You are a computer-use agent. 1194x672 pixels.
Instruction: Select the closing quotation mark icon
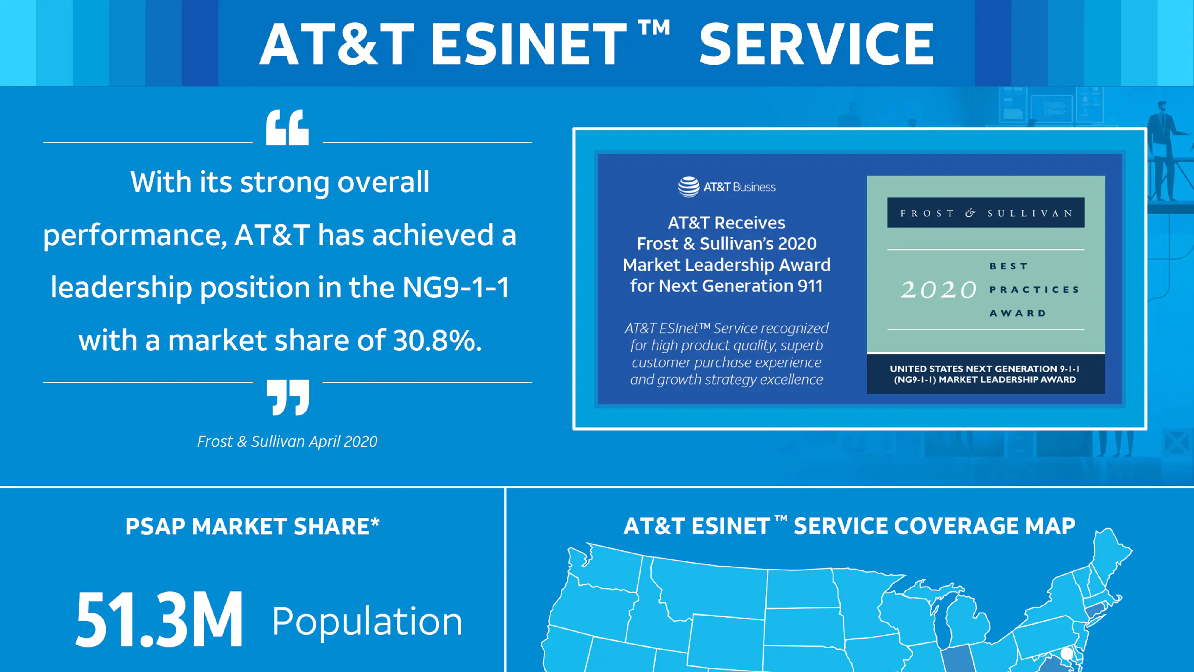point(288,398)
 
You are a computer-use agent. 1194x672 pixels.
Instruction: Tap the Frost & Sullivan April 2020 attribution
point(287,441)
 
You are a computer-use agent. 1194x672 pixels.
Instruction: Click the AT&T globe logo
point(689,187)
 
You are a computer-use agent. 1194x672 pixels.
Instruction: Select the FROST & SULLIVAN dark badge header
point(986,213)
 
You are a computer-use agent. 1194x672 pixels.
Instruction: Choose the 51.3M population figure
point(159,620)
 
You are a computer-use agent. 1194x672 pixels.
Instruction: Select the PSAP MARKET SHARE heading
point(253,526)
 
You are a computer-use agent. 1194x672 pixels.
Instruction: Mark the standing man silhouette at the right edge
point(1164,148)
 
